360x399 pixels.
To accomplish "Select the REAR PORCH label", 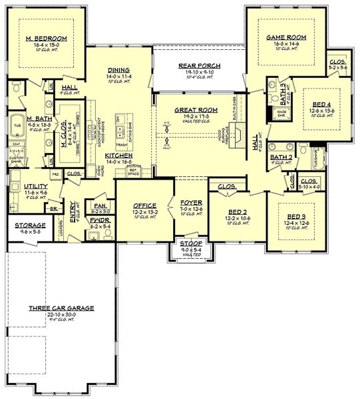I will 195,65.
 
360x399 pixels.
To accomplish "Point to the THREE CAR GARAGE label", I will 61,308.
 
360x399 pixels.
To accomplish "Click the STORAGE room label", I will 31,225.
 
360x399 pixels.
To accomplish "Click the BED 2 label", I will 237,211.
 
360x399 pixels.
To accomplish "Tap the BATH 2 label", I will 280,157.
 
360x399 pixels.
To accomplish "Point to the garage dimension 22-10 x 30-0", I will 61,314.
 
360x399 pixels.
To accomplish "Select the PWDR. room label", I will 100,219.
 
